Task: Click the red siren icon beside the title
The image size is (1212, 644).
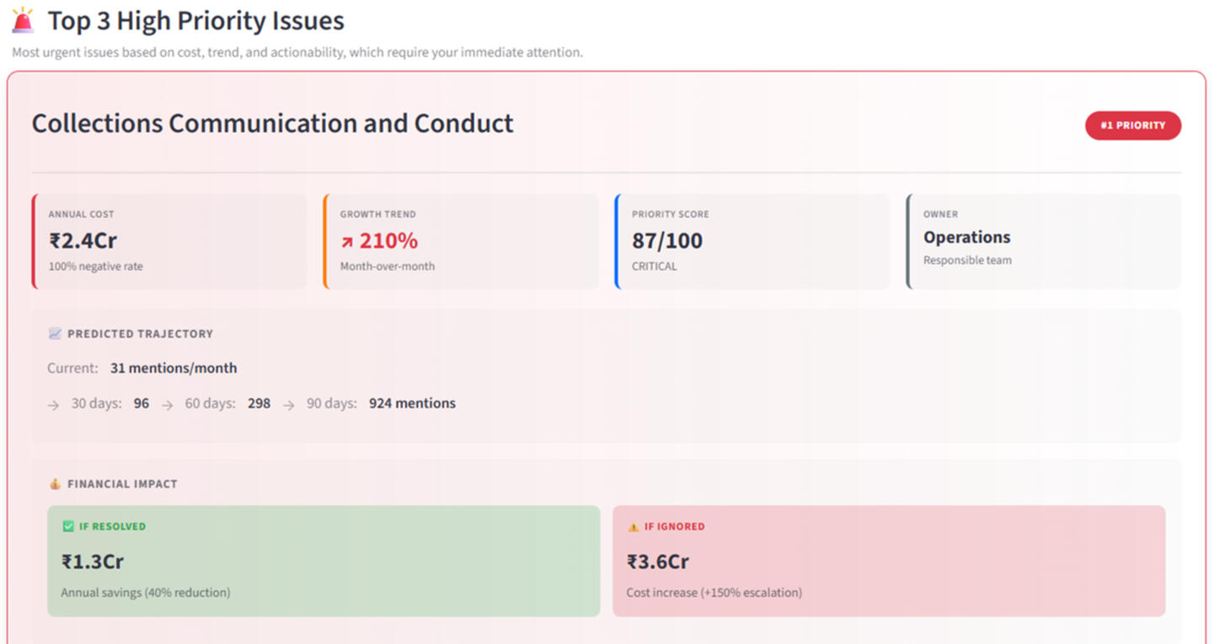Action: [x=24, y=20]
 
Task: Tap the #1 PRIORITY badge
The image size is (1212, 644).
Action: [x=1132, y=125]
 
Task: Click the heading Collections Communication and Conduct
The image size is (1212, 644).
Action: [x=272, y=124]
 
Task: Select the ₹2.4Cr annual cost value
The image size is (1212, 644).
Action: [x=83, y=241]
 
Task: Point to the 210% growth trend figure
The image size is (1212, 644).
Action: [x=388, y=241]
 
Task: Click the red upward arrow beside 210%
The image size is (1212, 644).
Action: [x=347, y=242]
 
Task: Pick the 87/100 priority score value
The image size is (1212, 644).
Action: [x=667, y=241]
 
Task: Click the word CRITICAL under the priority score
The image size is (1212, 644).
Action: [x=654, y=266]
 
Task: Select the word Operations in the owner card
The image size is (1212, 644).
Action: [x=966, y=237]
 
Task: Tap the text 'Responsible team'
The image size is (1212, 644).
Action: [x=967, y=260]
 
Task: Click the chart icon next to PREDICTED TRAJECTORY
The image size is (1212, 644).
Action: [x=55, y=334]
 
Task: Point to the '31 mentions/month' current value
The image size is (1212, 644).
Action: [x=174, y=368]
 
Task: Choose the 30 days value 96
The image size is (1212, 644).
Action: [x=141, y=403]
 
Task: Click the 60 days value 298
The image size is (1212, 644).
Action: [x=259, y=403]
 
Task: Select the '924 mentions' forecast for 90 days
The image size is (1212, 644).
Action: [x=412, y=403]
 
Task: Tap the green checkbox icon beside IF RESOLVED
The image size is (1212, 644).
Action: [x=68, y=527]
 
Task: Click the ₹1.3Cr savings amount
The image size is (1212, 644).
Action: [x=93, y=562]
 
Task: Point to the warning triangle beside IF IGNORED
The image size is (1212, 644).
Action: [x=633, y=527]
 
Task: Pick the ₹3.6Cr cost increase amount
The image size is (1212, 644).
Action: [x=658, y=562]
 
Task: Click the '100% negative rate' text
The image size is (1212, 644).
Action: [x=95, y=266]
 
